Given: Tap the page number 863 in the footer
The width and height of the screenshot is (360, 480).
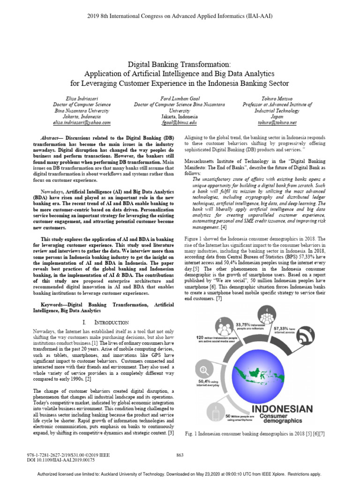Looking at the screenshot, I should [180, 455].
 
